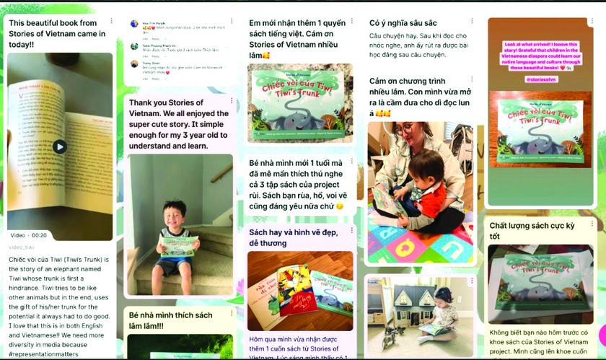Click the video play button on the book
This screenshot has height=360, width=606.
(60, 146)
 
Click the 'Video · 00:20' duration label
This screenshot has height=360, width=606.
(29, 235)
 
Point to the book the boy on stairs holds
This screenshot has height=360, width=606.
(177, 245)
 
